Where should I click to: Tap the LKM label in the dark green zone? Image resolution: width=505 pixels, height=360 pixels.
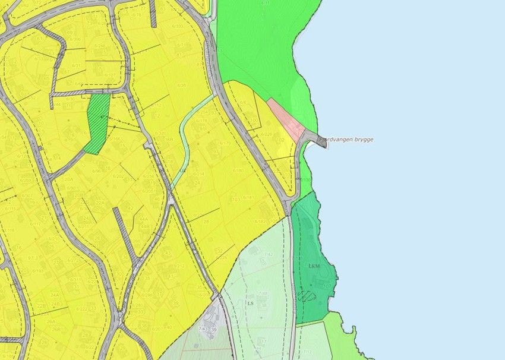tap(314, 266)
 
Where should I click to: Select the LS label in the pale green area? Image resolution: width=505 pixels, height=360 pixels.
tap(251, 303)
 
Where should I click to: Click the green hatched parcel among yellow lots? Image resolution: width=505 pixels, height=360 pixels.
tap(97, 123)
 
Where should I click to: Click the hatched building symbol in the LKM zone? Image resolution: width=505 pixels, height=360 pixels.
tap(307, 295)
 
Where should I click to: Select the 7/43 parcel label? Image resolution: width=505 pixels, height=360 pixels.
tap(203, 329)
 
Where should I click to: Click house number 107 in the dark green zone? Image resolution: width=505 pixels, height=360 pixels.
tap(326, 286)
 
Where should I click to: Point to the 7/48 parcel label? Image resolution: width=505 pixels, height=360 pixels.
tap(262, 293)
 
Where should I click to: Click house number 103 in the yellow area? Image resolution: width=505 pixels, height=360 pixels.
tap(236, 200)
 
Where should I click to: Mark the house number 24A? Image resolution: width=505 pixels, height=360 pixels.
tap(55, 295)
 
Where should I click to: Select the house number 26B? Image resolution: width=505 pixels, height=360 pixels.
tap(56, 329)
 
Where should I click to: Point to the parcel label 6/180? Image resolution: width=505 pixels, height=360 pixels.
tap(239, 171)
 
